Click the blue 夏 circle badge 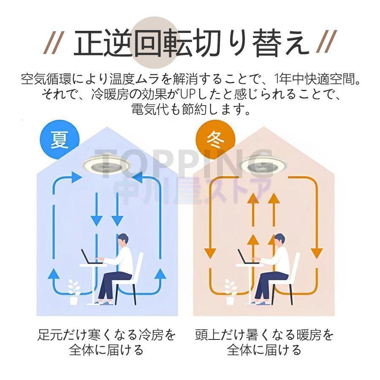click(x=60, y=139)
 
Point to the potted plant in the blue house click(x=74, y=292)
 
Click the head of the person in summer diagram click(x=123, y=241)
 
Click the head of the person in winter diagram click(x=279, y=241)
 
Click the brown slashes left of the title click(x=53, y=43)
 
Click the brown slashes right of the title click(x=326, y=43)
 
